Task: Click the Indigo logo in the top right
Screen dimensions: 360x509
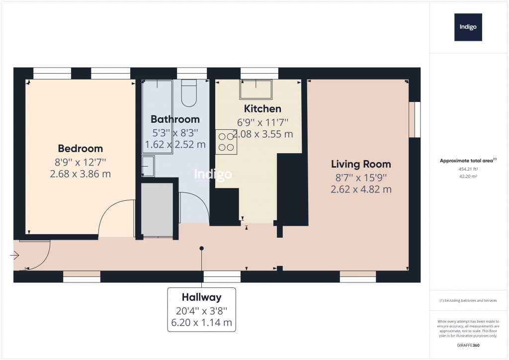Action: pyautogui.click(x=468, y=27)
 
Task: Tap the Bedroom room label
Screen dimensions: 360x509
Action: pyautogui.click(x=81, y=148)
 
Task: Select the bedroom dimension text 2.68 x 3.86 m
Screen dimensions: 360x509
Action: pyautogui.click(x=81, y=174)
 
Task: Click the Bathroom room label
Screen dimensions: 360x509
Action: pyautogui.click(x=175, y=119)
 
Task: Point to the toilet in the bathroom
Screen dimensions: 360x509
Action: pyautogui.click(x=189, y=93)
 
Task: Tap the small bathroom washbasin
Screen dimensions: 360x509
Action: pyautogui.click(x=148, y=166)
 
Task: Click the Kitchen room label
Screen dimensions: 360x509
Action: pyautogui.click(x=262, y=108)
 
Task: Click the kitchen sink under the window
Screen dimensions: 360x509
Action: pyautogui.click(x=256, y=90)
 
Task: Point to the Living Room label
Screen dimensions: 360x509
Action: pyautogui.click(x=361, y=164)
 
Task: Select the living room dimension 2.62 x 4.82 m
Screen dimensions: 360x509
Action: pyautogui.click(x=361, y=189)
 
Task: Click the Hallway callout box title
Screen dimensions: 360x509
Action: pyautogui.click(x=201, y=297)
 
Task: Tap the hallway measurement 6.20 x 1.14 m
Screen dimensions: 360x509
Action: pyautogui.click(x=201, y=322)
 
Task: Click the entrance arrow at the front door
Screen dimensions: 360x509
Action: pyautogui.click(x=14, y=256)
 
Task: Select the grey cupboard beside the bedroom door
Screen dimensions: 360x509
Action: pyautogui.click(x=157, y=209)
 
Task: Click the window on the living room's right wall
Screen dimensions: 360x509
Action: pyautogui.click(x=418, y=119)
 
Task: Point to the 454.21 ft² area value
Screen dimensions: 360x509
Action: pyautogui.click(x=467, y=169)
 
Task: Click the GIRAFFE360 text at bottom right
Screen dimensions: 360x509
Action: pyautogui.click(x=467, y=345)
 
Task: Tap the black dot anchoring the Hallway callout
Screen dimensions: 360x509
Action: pyautogui.click(x=201, y=248)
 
